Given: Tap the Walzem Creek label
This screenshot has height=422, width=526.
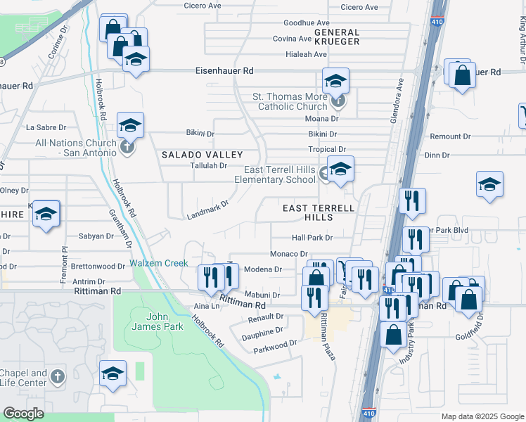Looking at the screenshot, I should (x=159, y=264).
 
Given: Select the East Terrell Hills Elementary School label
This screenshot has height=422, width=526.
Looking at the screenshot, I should (x=279, y=174).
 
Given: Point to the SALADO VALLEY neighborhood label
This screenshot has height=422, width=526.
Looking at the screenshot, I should (x=203, y=154).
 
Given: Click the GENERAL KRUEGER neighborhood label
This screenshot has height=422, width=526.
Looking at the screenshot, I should (x=337, y=37).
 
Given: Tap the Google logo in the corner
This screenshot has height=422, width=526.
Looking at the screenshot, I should (x=24, y=414).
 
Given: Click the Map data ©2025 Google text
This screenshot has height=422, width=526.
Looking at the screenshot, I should (x=482, y=416).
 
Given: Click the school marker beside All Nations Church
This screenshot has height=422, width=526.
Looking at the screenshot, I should (x=130, y=125).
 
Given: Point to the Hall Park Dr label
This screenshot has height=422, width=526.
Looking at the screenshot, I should (x=312, y=238).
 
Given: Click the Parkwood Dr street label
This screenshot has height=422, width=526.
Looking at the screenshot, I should (x=275, y=346).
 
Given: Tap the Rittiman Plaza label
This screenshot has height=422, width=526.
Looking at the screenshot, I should (x=328, y=335).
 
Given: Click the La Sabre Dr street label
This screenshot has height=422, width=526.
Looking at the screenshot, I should (x=46, y=128).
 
